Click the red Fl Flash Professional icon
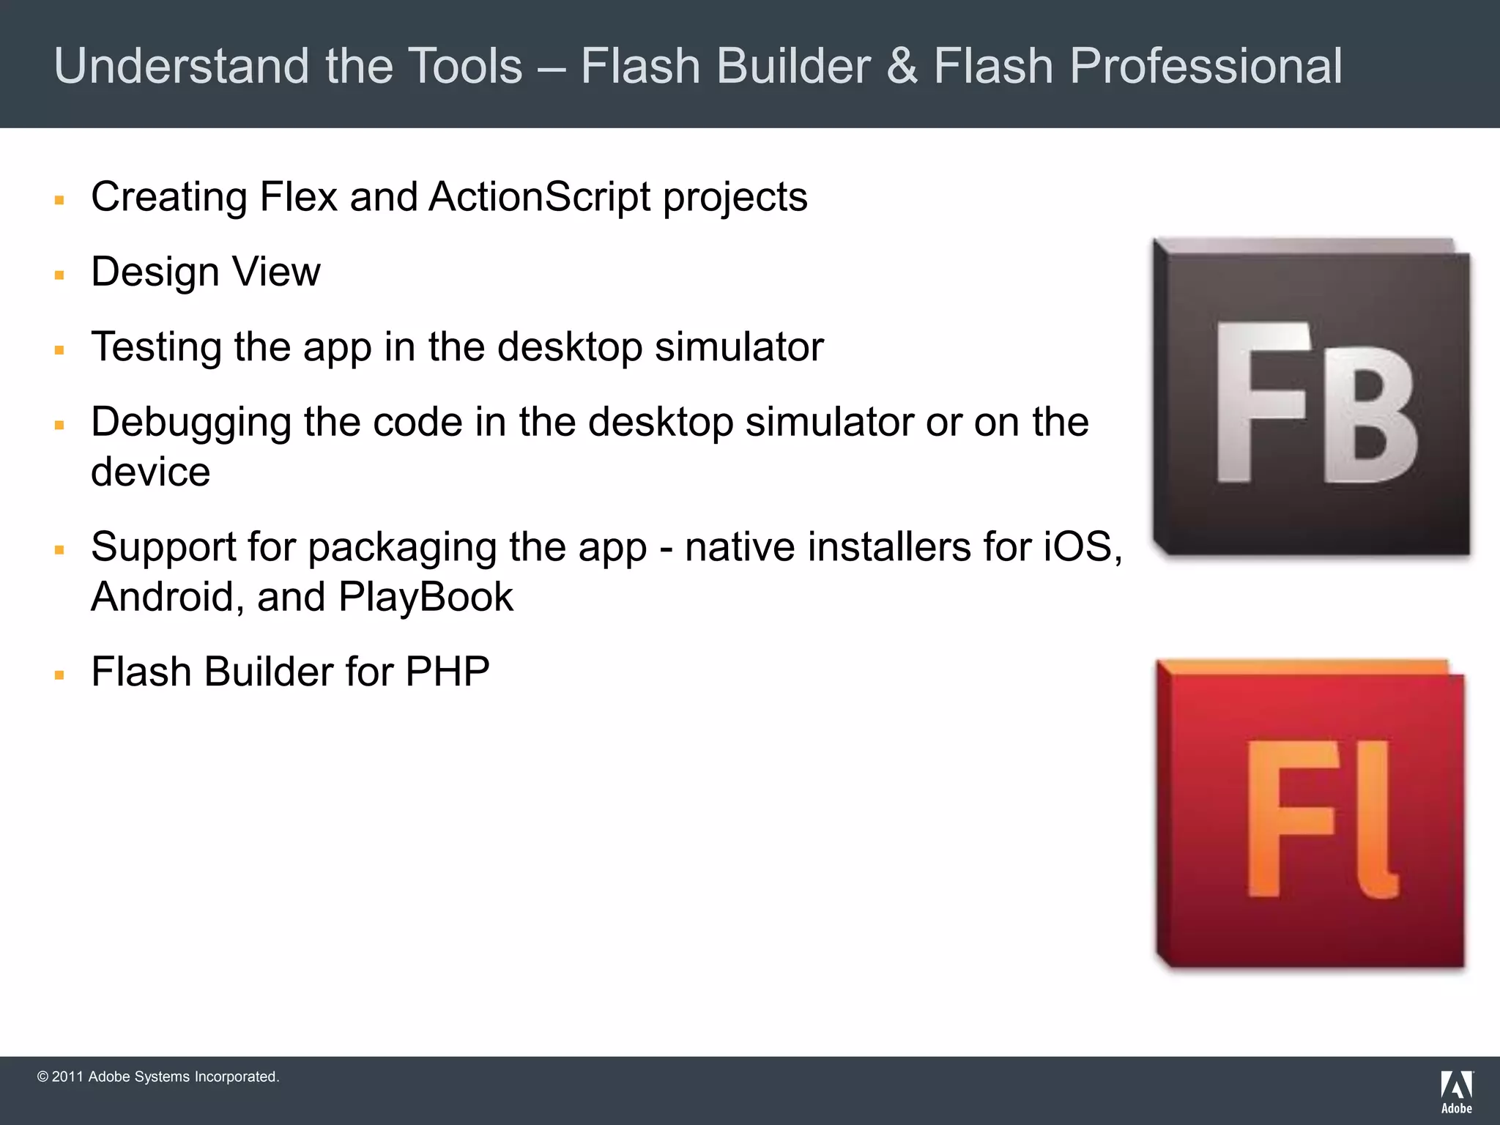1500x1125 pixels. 1311,814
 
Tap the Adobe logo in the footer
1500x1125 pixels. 1456,1091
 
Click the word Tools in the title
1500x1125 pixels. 464,66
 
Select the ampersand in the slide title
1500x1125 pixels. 902,66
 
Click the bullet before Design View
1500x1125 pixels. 60,275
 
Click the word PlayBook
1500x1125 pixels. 426,597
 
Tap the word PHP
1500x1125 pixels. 447,672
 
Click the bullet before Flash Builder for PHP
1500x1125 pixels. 60,675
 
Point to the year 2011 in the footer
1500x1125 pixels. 67,1077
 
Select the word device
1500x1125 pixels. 151,472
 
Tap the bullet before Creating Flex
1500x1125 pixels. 60,200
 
